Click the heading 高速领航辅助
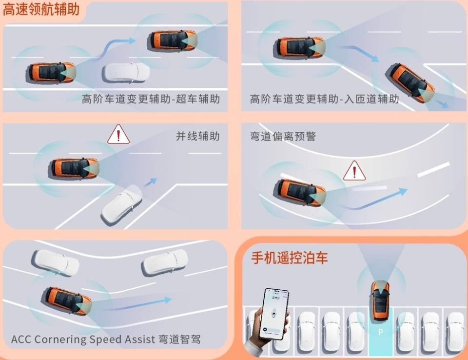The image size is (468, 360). click(x=41, y=10)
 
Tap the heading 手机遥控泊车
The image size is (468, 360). click(x=289, y=258)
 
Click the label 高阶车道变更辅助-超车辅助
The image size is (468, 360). click(x=151, y=99)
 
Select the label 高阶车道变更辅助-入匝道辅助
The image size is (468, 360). click(x=324, y=99)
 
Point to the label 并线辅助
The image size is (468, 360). click(x=197, y=136)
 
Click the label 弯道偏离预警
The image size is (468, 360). click(x=283, y=136)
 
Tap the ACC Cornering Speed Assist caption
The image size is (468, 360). click(x=106, y=340)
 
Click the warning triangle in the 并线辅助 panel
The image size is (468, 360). click(x=118, y=135)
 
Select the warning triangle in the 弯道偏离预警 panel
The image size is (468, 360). click(x=354, y=171)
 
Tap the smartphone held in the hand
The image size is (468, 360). click(x=273, y=314)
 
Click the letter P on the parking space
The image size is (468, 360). click(x=381, y=332)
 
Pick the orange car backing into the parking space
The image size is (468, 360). click(x=380, y=300)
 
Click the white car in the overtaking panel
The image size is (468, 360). click(x=126, y=73)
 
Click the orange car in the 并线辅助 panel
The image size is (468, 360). click(x=74, y=168)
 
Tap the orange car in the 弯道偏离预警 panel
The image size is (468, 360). click(x=300, y=192)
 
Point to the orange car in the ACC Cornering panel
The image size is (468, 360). click(x=67, y=301)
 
